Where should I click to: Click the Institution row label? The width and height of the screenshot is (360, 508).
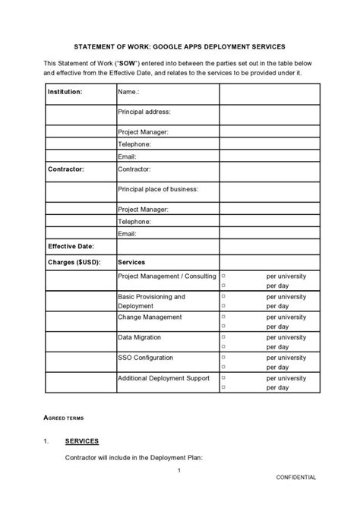[x=65, y=91]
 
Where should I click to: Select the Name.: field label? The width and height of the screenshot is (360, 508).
[x=128, y=91]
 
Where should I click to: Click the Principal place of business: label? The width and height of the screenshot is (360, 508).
[x=158, y=188]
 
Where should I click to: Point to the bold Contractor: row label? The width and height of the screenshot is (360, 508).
[x=66, y=169]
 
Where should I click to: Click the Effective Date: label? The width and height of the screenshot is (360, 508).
[x=71, y=246]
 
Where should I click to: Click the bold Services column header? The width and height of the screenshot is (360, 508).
[x=131, y=261]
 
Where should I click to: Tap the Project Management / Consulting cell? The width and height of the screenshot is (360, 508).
[x=167, y=276]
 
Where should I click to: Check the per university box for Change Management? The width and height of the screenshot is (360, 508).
[x=223, y=317]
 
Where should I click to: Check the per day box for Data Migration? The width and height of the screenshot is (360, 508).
[x=223, y=346]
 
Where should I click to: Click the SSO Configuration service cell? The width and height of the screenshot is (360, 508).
[x=146, y=357]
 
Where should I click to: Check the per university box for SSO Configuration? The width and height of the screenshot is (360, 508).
[x=223, y=357]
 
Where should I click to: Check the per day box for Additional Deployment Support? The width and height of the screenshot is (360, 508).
[x=223, y=387]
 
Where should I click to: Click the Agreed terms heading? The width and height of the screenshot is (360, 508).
[x=65, y=418]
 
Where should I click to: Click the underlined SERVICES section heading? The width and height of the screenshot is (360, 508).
[x=82, y=441]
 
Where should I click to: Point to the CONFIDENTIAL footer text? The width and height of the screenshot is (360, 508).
[x=295, y=477]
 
